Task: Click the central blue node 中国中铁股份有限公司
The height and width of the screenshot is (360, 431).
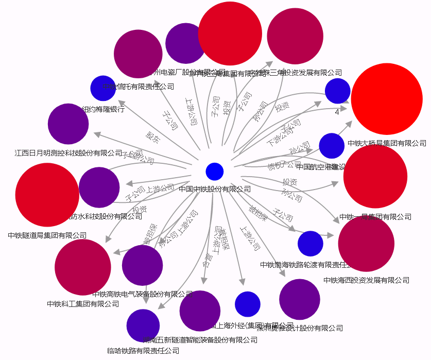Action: point(214,172)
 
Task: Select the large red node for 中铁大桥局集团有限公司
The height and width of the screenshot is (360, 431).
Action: point(387,99)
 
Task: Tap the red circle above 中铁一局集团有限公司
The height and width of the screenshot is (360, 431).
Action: point(375,176)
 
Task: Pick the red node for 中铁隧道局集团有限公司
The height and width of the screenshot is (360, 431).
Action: point(47,195)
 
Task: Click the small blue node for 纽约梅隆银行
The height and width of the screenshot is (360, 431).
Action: point(103,88)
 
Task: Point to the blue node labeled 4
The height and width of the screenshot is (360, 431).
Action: point(337,91)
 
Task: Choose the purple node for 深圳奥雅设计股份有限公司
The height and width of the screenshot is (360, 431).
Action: point(299,299)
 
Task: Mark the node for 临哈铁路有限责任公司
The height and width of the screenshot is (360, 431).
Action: point(143,325)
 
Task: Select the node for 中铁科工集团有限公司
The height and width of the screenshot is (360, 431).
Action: point(82,267)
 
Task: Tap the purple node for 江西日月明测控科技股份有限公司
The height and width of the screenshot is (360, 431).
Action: point(68,124)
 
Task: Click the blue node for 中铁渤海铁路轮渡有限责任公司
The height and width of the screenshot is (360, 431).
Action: point(310,244)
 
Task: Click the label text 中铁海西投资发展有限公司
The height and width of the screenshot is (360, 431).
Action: point(366,280)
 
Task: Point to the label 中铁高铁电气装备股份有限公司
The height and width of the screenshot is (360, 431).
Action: point(143,294)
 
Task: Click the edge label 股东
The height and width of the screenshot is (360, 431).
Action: point(153,136)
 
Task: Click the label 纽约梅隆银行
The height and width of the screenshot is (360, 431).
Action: point(103,109)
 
